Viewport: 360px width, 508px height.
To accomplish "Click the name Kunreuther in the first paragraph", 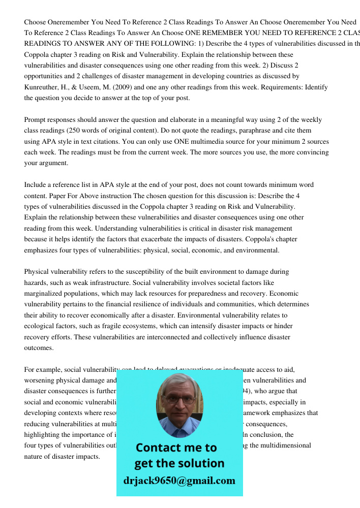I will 43,87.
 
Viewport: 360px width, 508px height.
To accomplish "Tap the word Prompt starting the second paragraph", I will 36,120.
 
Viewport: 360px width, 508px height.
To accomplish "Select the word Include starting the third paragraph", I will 36,185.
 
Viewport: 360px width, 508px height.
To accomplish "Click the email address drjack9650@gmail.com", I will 179,481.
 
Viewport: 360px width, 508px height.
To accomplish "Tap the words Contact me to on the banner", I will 176,448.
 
